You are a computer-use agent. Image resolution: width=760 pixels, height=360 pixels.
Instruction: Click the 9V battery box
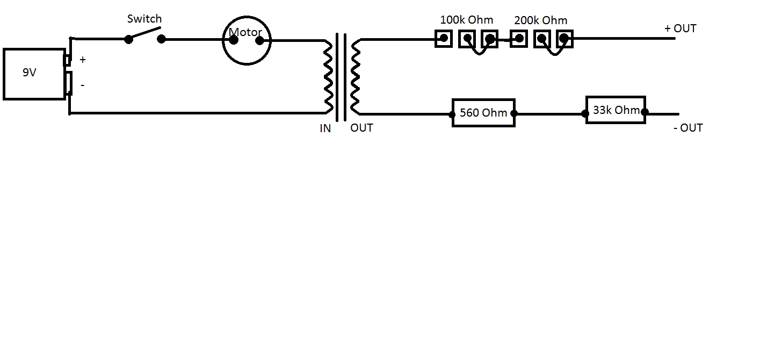click(x=34, y=74)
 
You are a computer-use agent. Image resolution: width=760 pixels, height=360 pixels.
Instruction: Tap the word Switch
click(x=144, y=19)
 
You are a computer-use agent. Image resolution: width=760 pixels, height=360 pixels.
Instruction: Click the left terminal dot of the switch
click(x=129, y=39)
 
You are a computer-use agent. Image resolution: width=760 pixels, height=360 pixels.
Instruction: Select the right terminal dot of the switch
click(x=161, y=39)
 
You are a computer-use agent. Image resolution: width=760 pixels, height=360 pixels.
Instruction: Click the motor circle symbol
click(x=247, y=40)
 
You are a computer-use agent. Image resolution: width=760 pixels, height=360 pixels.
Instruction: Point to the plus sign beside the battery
click(x=83, y=60)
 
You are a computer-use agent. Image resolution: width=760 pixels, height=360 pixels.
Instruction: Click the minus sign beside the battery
click(x=82, y=85)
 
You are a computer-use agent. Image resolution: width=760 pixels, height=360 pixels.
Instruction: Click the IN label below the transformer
click(x=325, y=128)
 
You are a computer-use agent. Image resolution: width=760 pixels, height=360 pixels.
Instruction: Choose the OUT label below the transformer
click(x=361, y=128)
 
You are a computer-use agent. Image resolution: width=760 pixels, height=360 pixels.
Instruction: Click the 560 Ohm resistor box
click(x=483, y=113)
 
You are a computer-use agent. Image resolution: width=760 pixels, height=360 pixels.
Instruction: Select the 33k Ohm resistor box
click(x=616, y=110)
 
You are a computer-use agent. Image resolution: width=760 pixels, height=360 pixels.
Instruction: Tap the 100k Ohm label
click(x=466, y=20)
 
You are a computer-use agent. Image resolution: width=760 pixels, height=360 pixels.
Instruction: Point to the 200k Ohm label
click(x=540, y=20)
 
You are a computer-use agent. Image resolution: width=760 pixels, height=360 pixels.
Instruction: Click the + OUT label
click(x=680, y=28)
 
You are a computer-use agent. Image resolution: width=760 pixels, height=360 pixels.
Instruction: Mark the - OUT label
click(x=687, y=128)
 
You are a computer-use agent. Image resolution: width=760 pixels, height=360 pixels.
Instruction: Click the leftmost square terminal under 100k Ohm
click(x=444, y=39)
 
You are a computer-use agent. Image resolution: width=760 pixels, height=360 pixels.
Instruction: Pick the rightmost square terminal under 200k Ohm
click(x=564, y=39)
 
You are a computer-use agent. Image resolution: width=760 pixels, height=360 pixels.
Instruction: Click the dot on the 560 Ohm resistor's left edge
click(x=453, y=114)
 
